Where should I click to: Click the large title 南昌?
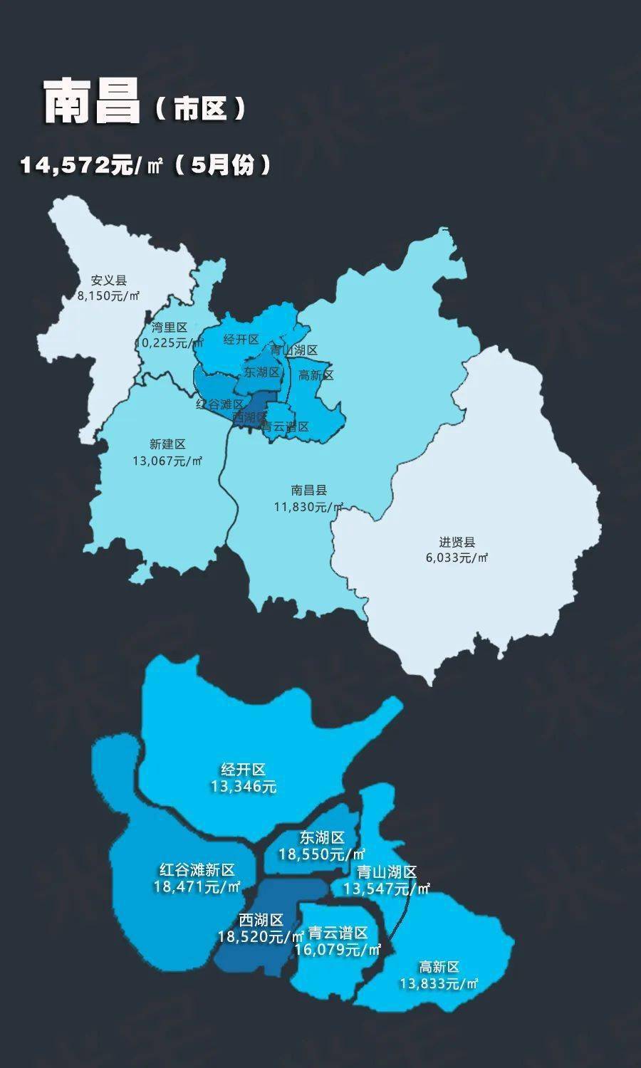(x=92, y=102)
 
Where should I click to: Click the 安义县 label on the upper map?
(x=108, y=281)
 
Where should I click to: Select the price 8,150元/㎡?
(x=108, y=295)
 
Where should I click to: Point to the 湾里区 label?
(x=169, y=328)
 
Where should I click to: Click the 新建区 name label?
(x=167, y=444)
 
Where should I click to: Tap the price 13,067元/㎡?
(x=167, y=461)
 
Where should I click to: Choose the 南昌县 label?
(x=309, y=491)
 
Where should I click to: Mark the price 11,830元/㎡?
(x=309, y=506)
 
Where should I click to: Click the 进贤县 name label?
(x=457, y=543)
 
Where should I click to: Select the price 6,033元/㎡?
(x=457, y=557)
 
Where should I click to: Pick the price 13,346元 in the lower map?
(x=243, y=787)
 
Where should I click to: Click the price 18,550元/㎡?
(x=322, y=854)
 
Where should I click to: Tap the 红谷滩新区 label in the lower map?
(x=197, y=870)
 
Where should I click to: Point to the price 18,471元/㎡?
(x=197, y=886)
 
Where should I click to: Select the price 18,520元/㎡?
(x=261, y=937)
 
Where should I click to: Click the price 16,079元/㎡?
(x=338, y=950)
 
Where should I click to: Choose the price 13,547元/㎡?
(x=387, y=889)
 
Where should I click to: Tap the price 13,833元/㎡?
(x=439, y=983)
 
